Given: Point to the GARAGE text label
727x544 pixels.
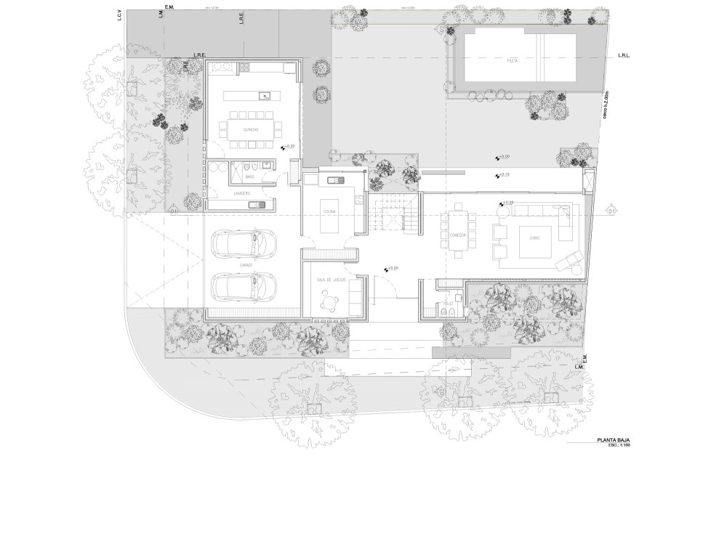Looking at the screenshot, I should [246, 266].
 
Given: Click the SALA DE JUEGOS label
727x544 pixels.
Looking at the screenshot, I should [330, 279].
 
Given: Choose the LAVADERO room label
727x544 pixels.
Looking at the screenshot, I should [242, 192].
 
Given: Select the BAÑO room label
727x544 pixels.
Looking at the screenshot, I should [249, 176].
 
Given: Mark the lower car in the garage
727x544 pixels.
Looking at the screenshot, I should [244, 286].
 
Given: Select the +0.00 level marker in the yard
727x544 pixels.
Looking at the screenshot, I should [502, 157].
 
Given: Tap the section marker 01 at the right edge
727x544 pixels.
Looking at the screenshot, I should [611, 211].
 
